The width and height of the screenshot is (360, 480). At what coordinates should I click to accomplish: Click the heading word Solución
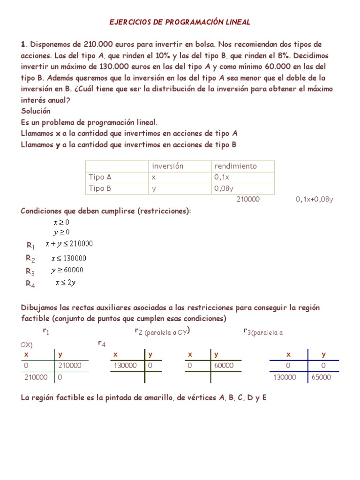(36, 111)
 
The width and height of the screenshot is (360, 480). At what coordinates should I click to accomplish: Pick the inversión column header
(167, 166)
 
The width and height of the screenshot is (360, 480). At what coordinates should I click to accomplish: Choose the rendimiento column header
(235, 166)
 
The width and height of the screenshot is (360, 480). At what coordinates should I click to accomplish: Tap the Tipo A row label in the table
(100, 177)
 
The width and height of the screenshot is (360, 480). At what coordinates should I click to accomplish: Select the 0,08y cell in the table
(224, 188)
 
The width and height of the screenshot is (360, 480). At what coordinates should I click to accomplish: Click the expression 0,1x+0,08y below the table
(314, 199)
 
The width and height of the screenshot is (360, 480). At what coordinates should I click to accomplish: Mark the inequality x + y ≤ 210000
(69, 244)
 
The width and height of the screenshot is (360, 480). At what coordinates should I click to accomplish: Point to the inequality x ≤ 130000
(68, 258)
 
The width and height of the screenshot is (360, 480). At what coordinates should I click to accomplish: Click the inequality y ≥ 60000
(67, 270)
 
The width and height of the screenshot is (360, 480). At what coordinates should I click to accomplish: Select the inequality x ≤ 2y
(66, 283)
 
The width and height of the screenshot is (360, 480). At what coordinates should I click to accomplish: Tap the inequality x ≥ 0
(61, 222)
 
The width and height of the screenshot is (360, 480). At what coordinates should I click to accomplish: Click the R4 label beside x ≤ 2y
(30, 283)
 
